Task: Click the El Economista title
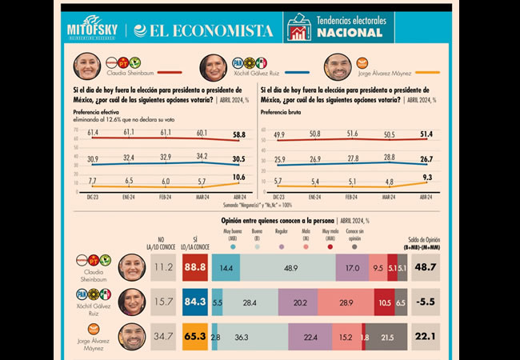[203, 30]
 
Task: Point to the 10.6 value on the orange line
[238, 177]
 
